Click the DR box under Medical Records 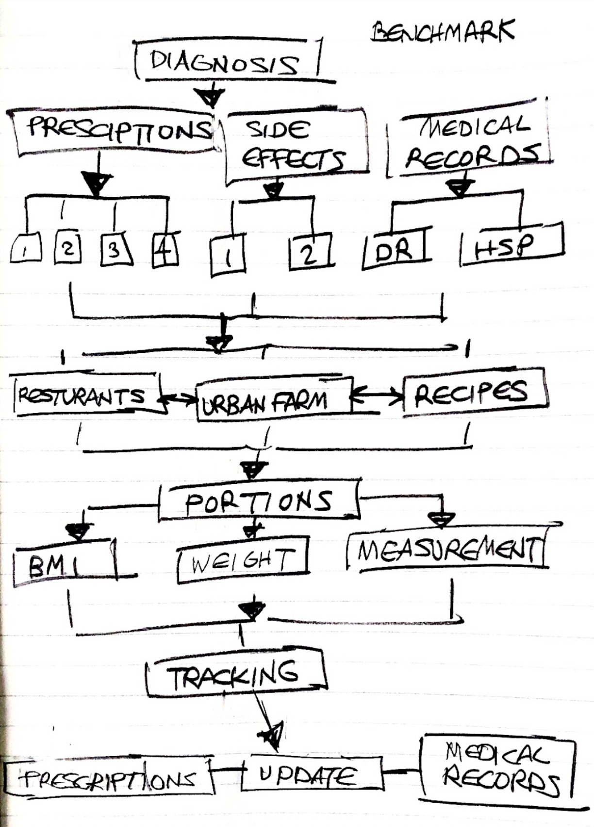tap(396, 250)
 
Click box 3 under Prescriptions tap(115, 250)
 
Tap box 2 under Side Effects tap(309, 253)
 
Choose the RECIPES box tap(474, 393)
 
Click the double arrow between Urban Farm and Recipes tap(377, 396)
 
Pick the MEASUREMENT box tap(446, 551)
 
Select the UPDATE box tap(311, 774)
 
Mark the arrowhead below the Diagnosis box tap(210, 97)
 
